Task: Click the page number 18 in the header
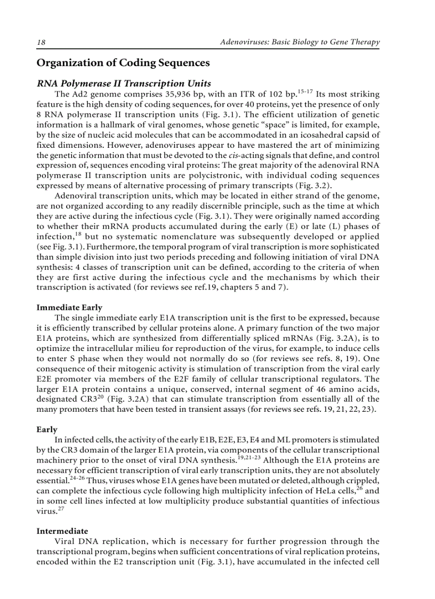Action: [40, 42]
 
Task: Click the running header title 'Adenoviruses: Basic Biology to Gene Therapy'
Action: [300, 42]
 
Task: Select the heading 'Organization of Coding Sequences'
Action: [123, 63]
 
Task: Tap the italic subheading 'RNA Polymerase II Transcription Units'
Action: [123, 84]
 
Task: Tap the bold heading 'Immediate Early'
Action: [69, 307]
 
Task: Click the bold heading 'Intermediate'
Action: [62, 531]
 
